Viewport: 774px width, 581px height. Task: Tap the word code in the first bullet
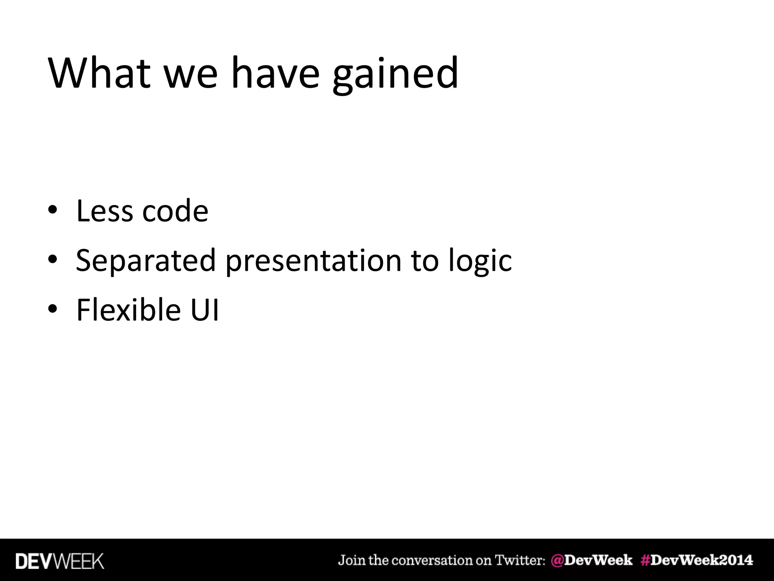point(175,211)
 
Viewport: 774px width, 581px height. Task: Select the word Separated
point(146,261)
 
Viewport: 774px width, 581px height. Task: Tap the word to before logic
point(425,261)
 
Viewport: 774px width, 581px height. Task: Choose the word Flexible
point(128,310)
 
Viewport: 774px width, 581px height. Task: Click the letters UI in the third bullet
point(204,310)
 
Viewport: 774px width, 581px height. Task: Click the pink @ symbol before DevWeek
point(557,560)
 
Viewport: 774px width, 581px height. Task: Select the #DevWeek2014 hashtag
point(697,560)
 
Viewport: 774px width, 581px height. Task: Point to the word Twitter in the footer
point(520,560)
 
